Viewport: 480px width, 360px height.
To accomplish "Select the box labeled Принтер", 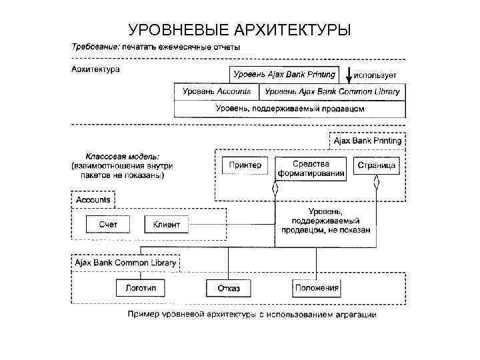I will [245, 165].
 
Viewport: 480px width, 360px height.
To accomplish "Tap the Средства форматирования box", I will [311, 168].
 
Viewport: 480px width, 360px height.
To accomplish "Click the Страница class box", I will [377, 165].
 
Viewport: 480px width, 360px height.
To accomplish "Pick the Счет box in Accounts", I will [107, 225].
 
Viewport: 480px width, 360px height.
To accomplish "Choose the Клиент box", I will [167, 225].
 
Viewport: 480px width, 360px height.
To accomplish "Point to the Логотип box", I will [140, 288].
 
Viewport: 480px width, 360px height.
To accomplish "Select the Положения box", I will [317, 288].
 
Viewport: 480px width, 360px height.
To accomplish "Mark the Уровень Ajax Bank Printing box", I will [284, 75].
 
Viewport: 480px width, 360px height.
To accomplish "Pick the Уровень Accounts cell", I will [216, 91].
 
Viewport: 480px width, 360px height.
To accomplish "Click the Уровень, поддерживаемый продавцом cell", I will [289, 108].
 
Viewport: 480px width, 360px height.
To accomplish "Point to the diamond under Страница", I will [377, 181].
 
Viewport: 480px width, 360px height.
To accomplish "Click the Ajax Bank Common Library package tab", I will [125, 263].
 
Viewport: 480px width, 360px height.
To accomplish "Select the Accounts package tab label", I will [93, 199].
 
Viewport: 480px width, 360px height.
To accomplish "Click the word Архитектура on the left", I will [95, 69].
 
